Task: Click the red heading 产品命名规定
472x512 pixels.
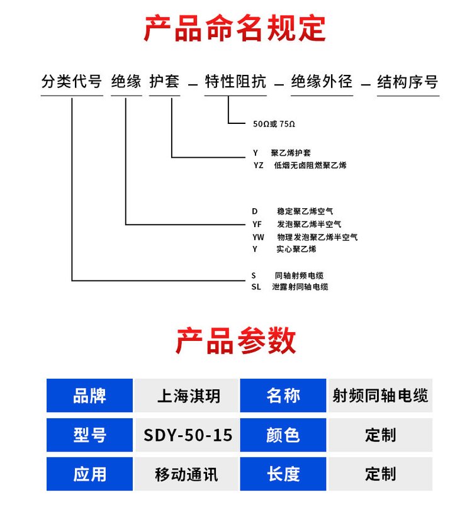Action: (235, 28)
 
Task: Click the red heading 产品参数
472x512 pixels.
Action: (235, 341)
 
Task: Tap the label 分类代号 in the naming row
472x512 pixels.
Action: (72, 82)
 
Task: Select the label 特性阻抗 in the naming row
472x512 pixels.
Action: (235, 82)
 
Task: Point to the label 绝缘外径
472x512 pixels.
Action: (322, 82)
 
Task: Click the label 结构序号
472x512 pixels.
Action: (408, 82)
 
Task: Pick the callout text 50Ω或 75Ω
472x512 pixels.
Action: (274, 124)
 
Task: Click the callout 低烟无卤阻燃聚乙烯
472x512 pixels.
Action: (310, 165)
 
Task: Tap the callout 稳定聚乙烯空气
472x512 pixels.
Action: (305, 211)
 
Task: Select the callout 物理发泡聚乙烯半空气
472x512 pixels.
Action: (317, 237)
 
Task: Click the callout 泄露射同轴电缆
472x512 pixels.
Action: (300, 287)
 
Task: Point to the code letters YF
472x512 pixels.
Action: (257, 225)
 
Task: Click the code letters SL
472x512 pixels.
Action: (256, 287)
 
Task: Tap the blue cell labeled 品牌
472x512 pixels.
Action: (89, 396)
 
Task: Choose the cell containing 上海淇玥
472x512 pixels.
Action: (187, 396)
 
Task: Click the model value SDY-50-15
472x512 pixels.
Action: (187, 435)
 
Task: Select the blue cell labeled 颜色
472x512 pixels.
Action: (283, 435)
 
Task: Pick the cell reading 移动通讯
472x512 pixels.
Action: (187, 474)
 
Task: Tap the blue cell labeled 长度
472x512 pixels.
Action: (283, 474)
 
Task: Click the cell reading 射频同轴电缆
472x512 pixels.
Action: (380, 396)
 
